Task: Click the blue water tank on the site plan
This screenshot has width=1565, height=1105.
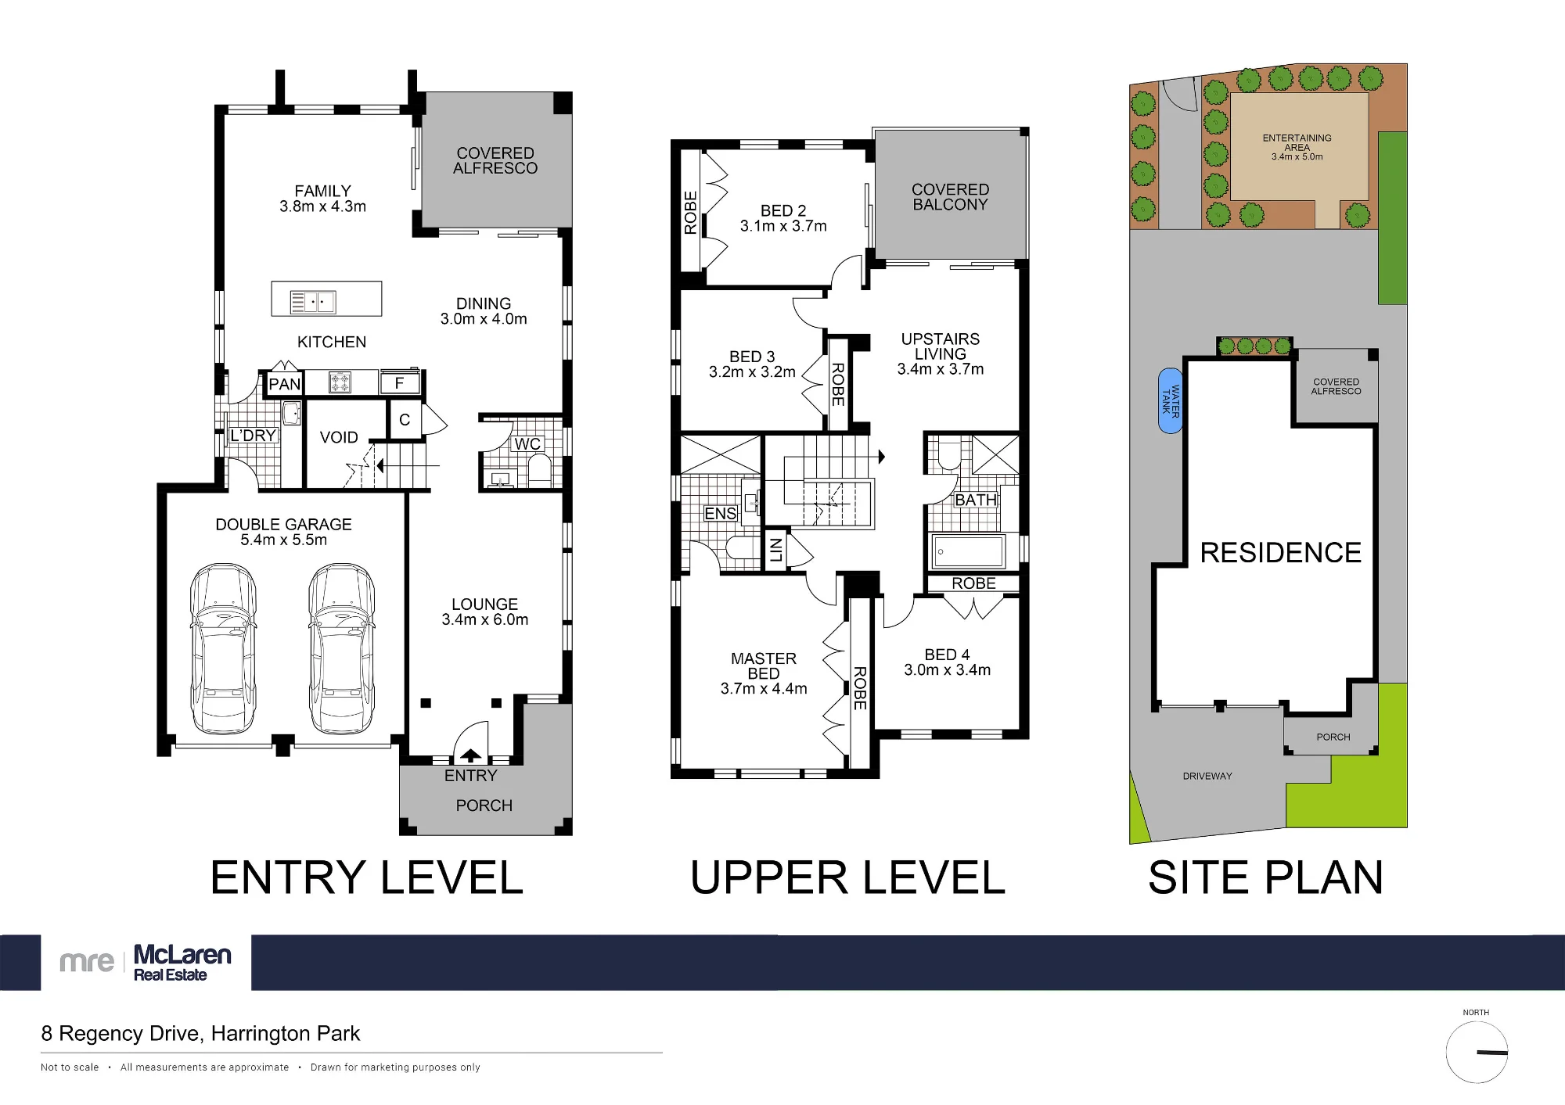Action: pyautogui.click(x=1170, y=401)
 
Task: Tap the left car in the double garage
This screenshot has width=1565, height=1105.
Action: pyautogui.click(x=224, y=648)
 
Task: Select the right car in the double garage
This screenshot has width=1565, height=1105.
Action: pyautogui.click(x=341, y=648)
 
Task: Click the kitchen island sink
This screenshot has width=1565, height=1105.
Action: pyautogui.click(x=312, y=302)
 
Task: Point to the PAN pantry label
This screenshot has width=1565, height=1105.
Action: pyautogui.click(x=284, y=384)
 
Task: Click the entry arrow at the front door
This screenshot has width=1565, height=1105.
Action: pyautogui.click(x=471, y=755)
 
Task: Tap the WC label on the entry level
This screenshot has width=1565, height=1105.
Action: pyautogui.click(x=527, y=444)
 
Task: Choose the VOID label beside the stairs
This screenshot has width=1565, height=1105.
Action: pyautogui.click(x=339, y=438)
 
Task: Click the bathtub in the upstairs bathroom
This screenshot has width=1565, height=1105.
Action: pyautogui.click(x=968, y=552)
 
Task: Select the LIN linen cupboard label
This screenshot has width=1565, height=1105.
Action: pyautogui.click(x=775, y=550)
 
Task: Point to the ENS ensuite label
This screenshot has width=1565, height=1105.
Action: pyautogui.click(x=721, y=514)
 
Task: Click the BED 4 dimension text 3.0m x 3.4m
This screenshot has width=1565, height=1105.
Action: pyautogui.click(x=948, y=670)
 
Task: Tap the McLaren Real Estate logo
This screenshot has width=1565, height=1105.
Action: pyautogui.click(x=146, y=962)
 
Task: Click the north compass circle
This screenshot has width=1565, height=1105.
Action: pyautogui.click(x=1477, y=1053)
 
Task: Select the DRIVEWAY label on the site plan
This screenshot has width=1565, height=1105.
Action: pyautogui.click(x=1207, y=777)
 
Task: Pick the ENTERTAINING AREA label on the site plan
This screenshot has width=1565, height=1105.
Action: pyautogui.click(x=1297, y=143)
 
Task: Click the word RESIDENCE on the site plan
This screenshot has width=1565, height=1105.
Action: pyautogui.click(x=1281, y=553)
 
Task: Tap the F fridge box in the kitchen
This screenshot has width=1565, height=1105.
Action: pyautogui.click(x=400, y=383)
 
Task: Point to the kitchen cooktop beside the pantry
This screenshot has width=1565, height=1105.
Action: pyautogui.click(x=340, y=383)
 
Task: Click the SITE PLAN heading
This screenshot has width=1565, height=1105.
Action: pyautogui.click(x=1266, y=878)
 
